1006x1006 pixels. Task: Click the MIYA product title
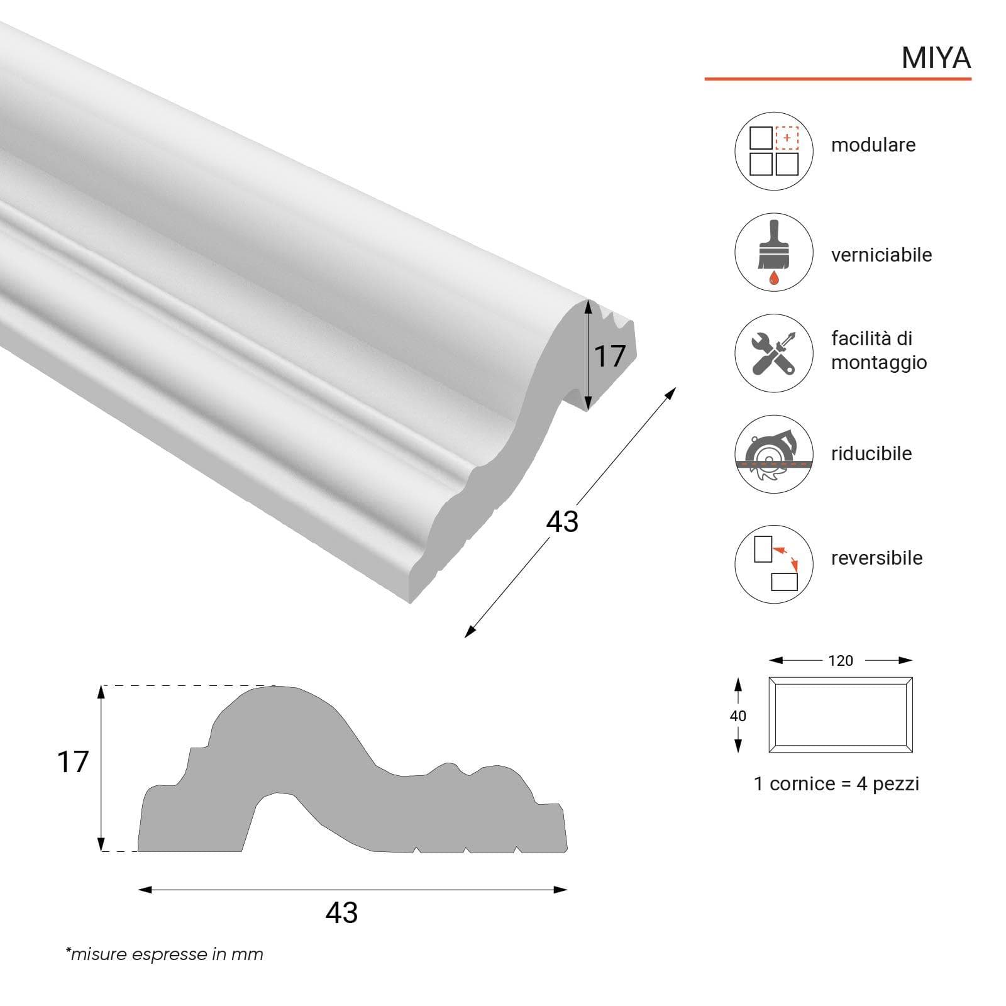pos(936,58)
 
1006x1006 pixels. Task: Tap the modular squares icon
pos(774,151)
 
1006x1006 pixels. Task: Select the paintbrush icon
pos(774,252)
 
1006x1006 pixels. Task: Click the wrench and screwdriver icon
pos(774,353)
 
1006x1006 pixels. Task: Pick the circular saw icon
pos(774,454)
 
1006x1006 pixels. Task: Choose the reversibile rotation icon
pos(774,564)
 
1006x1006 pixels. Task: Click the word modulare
pos(873,145)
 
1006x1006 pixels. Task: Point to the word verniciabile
pos(882,255)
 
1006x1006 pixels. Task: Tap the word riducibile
pos(871,453)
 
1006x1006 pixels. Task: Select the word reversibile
pos(877,558)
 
